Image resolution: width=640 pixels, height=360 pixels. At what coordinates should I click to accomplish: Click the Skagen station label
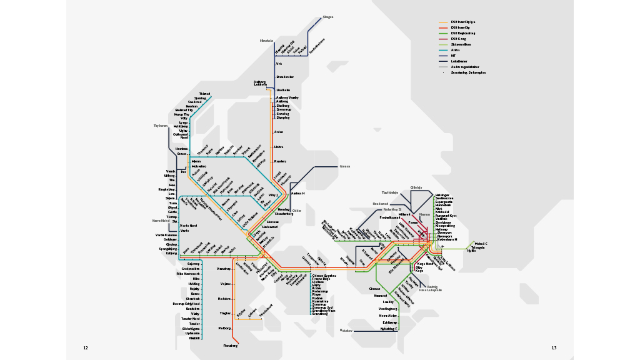pos(327,17)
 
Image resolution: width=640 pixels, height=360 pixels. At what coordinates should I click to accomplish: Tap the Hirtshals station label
pos(267,41)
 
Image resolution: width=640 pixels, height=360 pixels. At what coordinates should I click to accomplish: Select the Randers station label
pos(280,161)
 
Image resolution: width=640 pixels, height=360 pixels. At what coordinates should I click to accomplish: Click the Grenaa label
pos(344,166)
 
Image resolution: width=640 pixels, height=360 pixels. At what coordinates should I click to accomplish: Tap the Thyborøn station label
pos(161,126)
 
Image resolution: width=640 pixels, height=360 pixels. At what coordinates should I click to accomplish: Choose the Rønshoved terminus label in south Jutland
pos(266,307)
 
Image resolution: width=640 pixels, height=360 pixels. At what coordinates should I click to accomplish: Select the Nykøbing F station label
pos(388,328)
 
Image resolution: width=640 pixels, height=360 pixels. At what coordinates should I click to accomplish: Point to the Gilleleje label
pos(416,187)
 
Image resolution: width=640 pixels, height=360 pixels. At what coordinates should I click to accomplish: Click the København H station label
pos(446,239)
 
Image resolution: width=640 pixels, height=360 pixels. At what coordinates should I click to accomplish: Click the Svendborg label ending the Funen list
pos(319,314)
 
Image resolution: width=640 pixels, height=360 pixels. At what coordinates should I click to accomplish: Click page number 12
pos(86,347)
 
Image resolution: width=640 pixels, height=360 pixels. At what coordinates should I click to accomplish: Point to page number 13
pos(553,347)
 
